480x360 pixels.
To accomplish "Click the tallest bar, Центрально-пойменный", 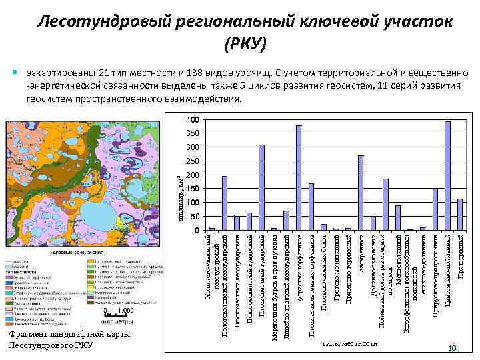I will pyautogui.click(x=447, y=176).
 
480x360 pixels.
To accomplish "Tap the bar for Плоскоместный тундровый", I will pyautogui.click(x=262, y=187).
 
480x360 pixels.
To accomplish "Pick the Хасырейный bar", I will pyautogui.click(x=361, y=193).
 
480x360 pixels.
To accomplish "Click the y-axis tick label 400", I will pyautogui.click(x=192, y=120).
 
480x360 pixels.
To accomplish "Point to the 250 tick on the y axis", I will pyautogui.click(x=192, y=161).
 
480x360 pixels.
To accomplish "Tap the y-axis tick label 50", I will pyautogui.click(x=194, y=217).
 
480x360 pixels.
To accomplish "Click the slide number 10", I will pyautogui.click(x=451, y=349).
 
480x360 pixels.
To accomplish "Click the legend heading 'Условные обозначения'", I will pyautogui.click(x=77, y=253).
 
